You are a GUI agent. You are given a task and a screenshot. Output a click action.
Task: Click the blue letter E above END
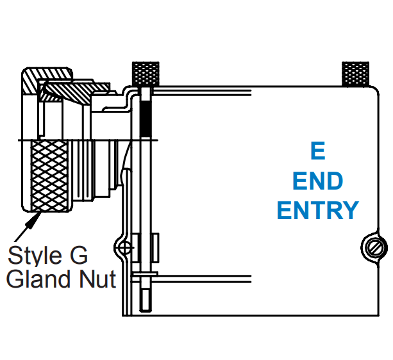pyautogui.click(x=317, y=152)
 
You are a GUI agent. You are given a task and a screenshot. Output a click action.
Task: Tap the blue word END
pyautogui.click(x=317, y=181)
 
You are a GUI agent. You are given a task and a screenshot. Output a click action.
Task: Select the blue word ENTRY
pyautogui.click(x=318, y=210)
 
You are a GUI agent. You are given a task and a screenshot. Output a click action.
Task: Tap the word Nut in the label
pyautogui.click(x=99, y=279)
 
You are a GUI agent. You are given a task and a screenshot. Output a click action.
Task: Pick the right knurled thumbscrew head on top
pyautogui.click(x=355, y=75)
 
